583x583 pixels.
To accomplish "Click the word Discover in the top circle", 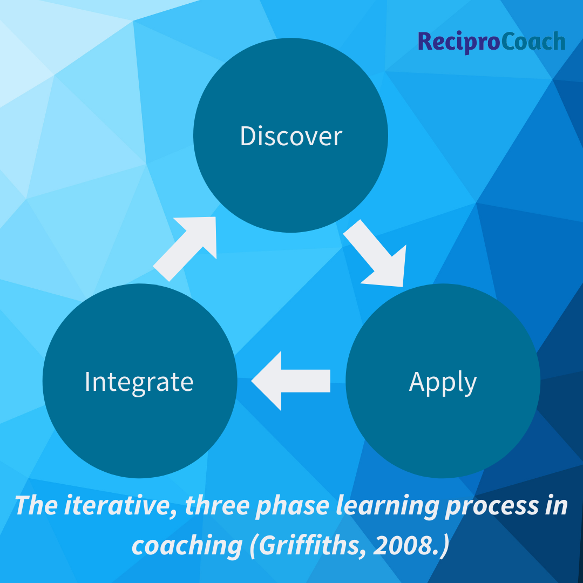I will pyautogui.click(x=291, y=136).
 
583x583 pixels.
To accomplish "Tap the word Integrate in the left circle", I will pyautogui.click(x=139, y=382).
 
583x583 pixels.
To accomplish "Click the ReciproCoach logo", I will pyautogui.click(x=492, y=42).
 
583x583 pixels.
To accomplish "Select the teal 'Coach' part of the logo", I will pyautogui.click(x=533, y=42).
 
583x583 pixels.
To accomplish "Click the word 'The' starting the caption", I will pyautogui.click(x=35, y=506).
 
